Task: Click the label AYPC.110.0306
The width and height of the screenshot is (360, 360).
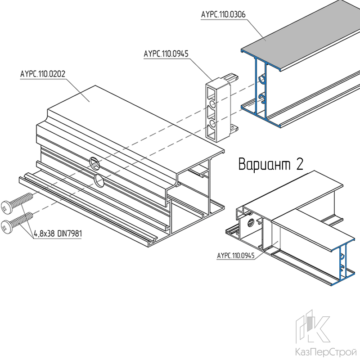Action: (223, 14)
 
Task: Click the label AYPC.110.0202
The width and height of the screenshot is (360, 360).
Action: (43, 74)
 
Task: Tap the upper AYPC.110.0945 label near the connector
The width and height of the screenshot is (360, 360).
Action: (166, 54)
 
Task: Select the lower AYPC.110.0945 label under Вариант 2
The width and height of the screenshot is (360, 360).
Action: (236, 255)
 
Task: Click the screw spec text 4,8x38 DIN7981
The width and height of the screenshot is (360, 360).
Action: (58, 234)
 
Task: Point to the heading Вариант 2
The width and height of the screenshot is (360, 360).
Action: (271, 164)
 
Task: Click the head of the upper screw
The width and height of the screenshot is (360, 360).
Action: (6, 207)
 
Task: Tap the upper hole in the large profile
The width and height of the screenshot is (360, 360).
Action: (94, 163)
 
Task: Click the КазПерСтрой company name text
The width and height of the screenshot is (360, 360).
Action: (326, 352)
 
